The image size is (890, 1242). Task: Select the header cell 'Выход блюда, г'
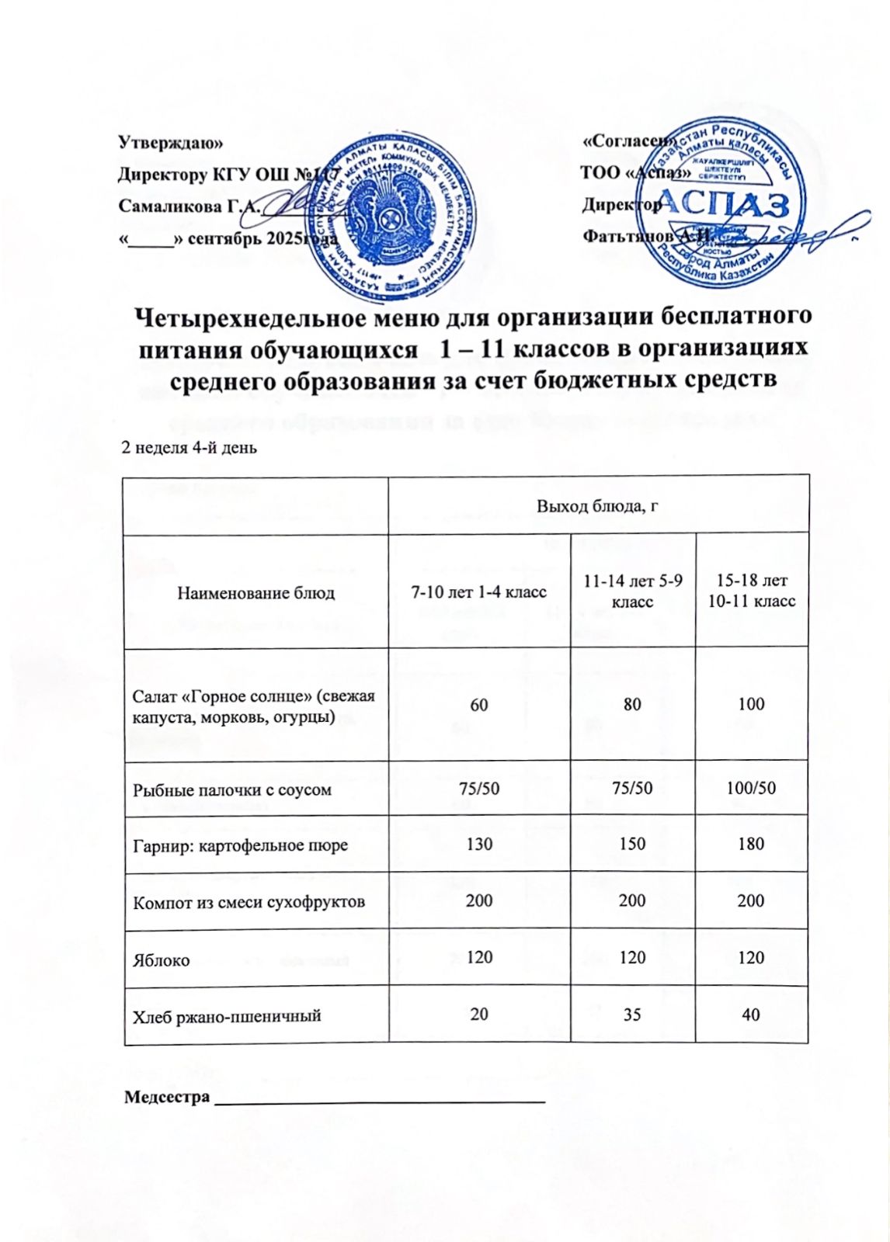pyautogui.click(x=598, y=506)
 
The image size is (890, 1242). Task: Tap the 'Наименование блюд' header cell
pyautogui.click(x=256, y=593)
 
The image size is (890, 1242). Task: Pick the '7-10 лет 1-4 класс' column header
pyautogui.click(x=478, y=592)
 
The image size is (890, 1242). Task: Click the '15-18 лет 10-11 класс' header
pyautogui.click(x=752, y=591)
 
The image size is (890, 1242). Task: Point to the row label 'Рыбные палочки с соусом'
pyautogui.click(x=232, y=789)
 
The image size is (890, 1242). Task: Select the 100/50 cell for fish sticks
pyautogui.click(x=751, y=788)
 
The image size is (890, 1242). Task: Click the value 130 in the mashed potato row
pyautogui.click(x=479, y=844)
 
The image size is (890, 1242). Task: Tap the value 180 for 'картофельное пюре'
pyautogui.click(x=751, y=844)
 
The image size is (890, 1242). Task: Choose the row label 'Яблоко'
pyautogui.click(x=162, y=960)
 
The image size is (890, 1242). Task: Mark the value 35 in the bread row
pyautogui.click(x=632, y=1015)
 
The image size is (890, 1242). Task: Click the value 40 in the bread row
pyautogui.click(x=751, y=1014)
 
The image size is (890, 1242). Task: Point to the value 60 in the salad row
pyautogui.click(x=479, y=704)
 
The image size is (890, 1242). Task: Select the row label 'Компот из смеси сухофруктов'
pyautogui.click(x=249, y=902)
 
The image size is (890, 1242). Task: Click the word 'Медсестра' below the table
pyautogui.click(x=168, y=1097)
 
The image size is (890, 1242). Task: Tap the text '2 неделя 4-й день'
pyautogui.click(x=189, y=448)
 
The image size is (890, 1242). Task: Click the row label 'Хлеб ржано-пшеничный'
pyautogui.click(x=227, y=1015)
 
